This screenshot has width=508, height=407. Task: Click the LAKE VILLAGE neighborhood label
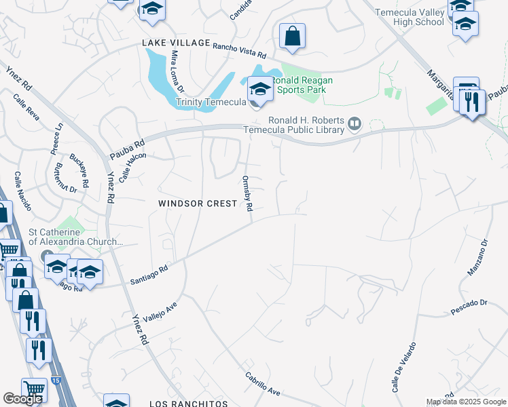click(176, 43)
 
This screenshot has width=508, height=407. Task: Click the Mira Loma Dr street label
click(177, 71)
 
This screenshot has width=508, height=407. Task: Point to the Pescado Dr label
click(469, 309)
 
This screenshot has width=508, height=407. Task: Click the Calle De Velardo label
click(399, 374)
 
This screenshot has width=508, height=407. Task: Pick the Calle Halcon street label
click(132, 167)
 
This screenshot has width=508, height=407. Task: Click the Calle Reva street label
click(26, 108)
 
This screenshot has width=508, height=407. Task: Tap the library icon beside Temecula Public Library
click(353, 123)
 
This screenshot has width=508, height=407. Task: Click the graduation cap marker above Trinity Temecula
click(259, 89)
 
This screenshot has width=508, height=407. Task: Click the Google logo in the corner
click(23, 399)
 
